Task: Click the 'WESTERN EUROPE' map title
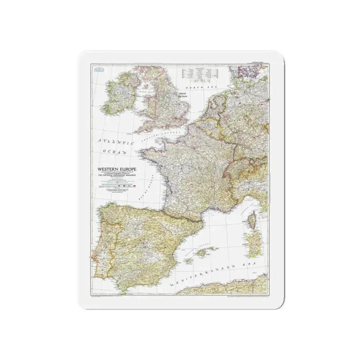(114, 169)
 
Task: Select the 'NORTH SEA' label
(198, 88)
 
